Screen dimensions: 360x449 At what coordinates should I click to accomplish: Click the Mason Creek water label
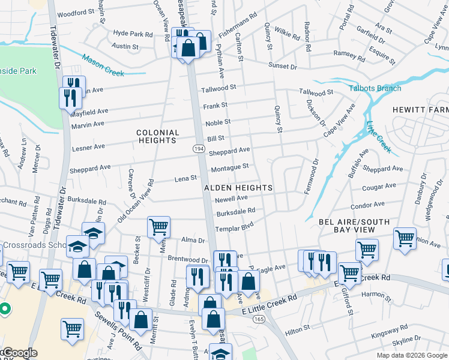pos(103,66)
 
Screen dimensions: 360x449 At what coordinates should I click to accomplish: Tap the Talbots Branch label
pos(376,88)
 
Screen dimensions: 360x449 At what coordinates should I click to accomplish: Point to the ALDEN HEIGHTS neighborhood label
pos(238,188)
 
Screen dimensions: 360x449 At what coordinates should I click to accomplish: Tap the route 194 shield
pos(198,148)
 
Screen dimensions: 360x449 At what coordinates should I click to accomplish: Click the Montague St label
pos(229,166)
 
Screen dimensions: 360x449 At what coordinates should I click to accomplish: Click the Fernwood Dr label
pos(315,171)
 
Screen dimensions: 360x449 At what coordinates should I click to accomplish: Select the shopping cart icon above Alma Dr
pos(158,227)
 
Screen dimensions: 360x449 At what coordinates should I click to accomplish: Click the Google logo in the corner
pos(19,353)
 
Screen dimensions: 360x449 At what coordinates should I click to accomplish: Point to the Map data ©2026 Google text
pos(412,355)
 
